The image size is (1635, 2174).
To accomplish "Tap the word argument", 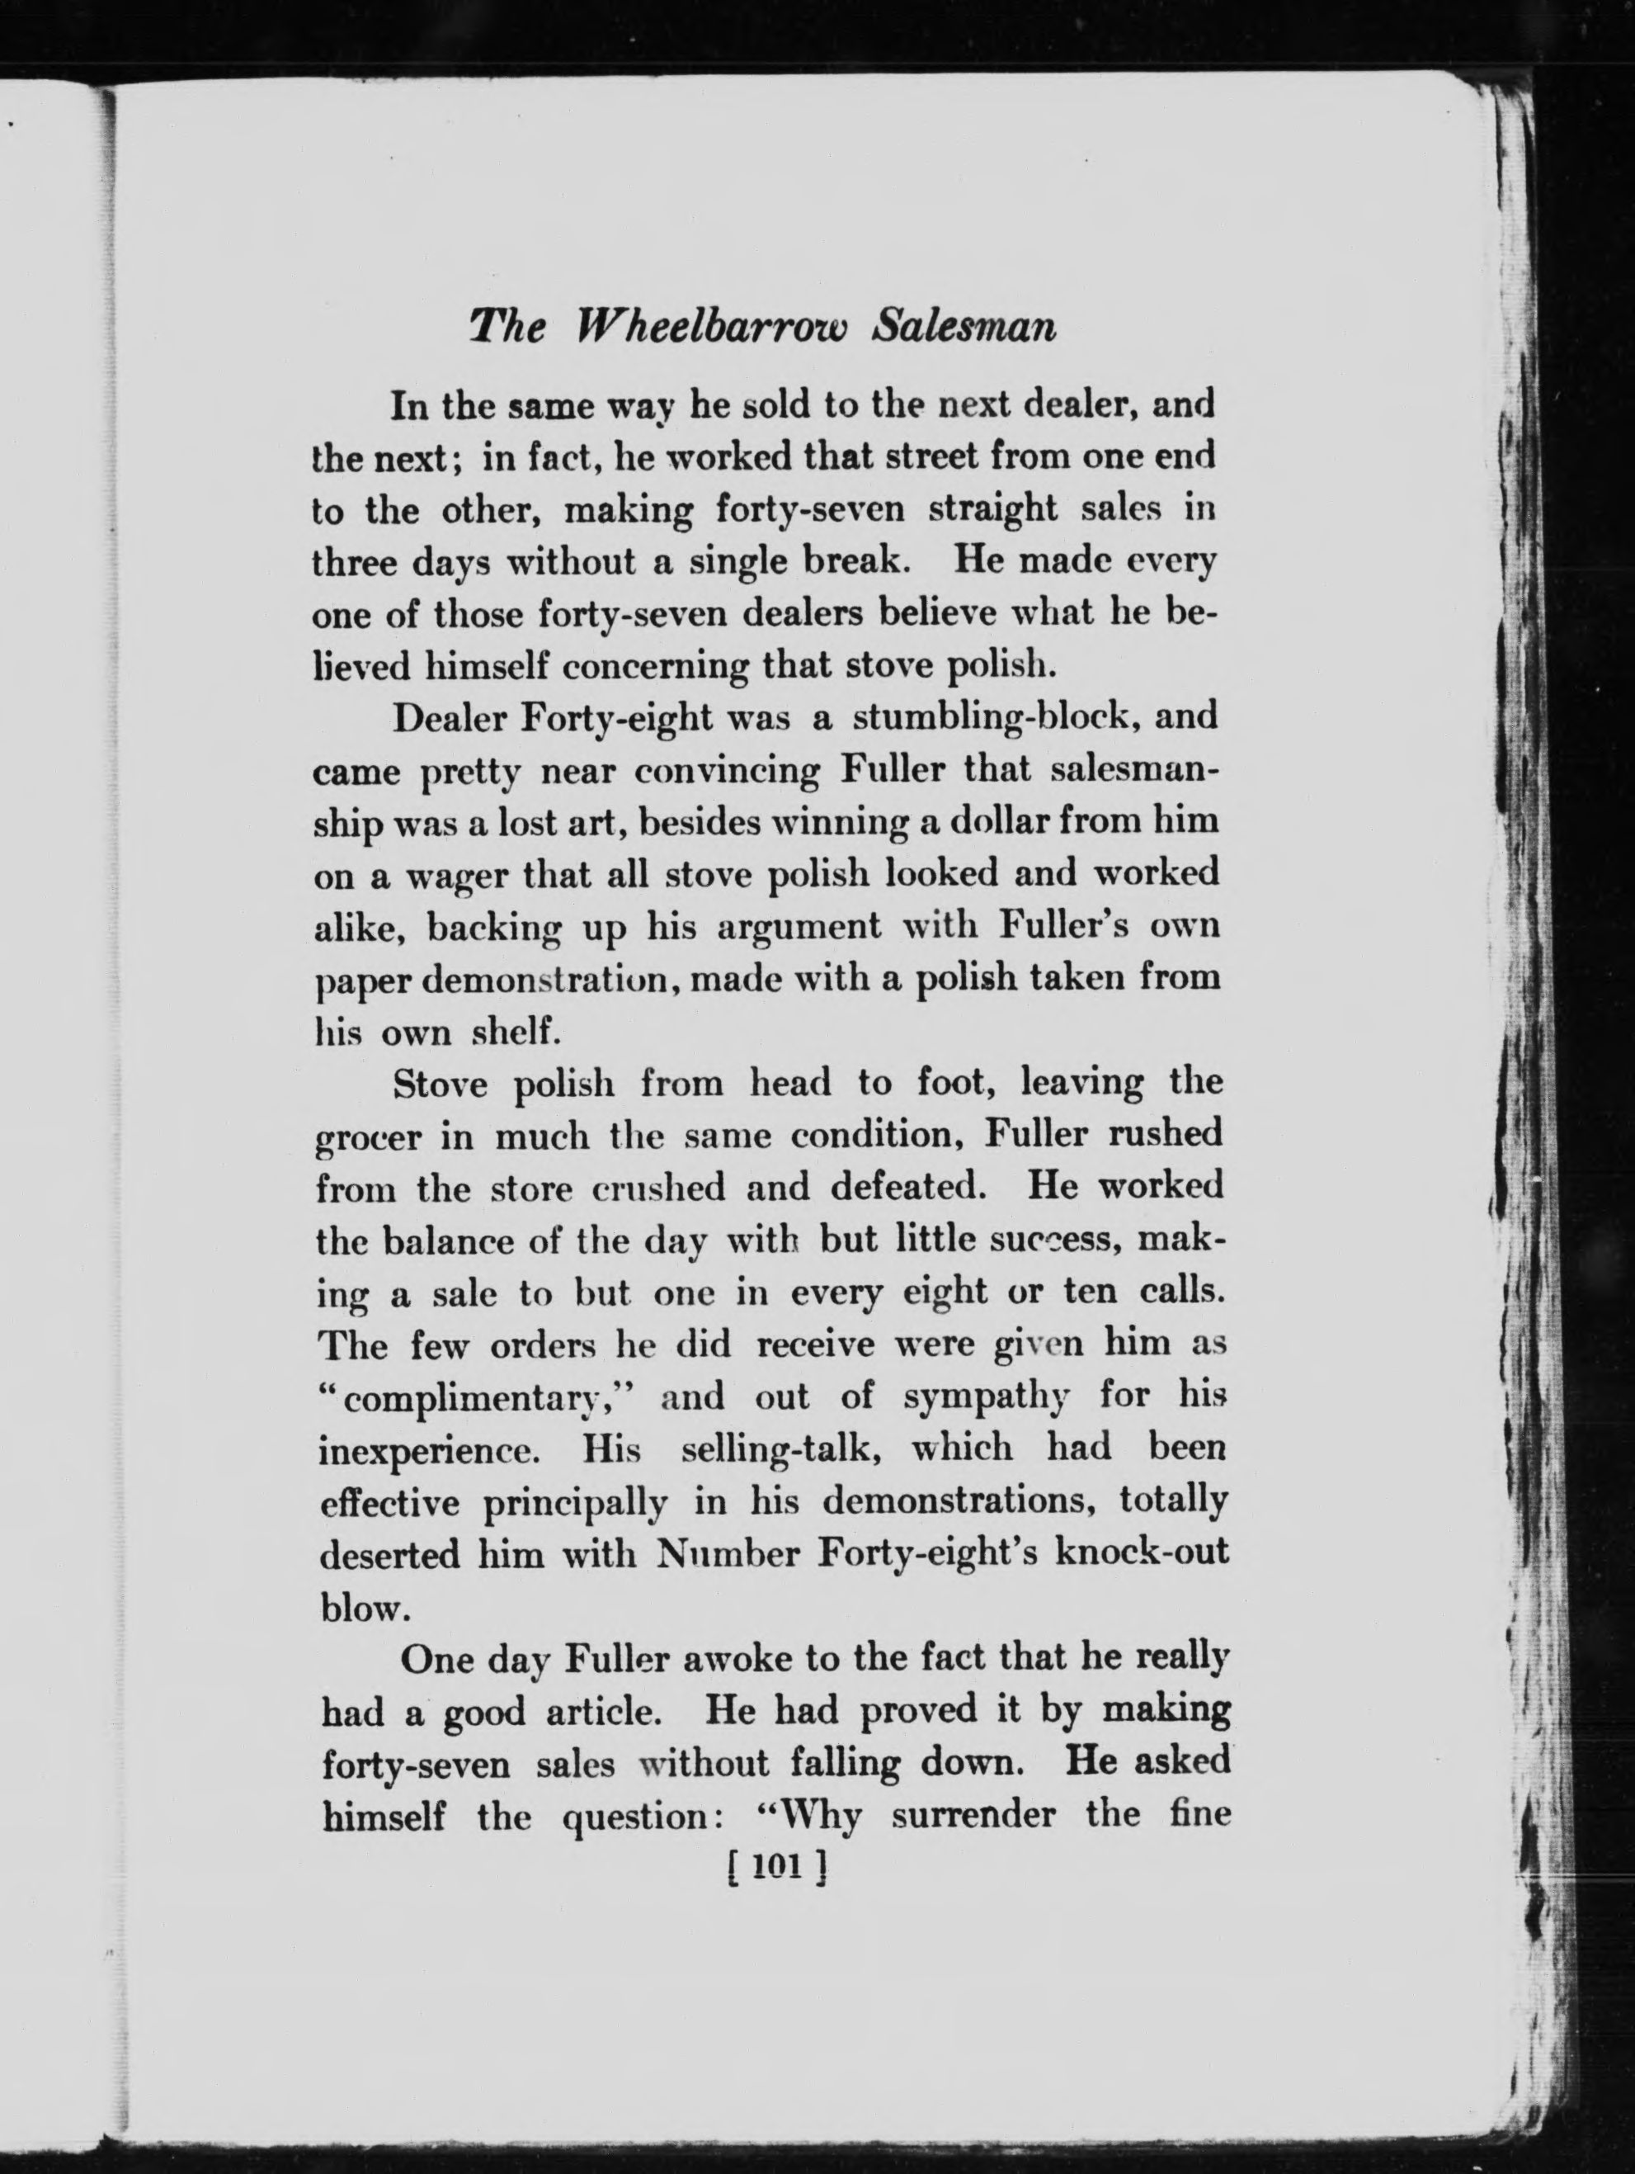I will click(x=798, y=927).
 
